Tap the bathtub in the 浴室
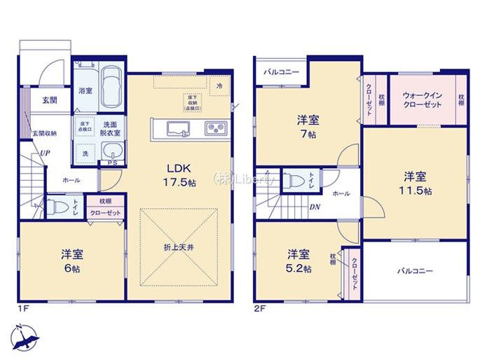pos(110,86)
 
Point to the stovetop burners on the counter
pos(214,128)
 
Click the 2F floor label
pos(259,307)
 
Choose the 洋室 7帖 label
pos(306,127)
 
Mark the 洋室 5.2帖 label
pos(299,261)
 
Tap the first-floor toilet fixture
pos(60,207)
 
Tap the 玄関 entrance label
pos(48,100)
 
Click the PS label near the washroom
pos(111,164)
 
